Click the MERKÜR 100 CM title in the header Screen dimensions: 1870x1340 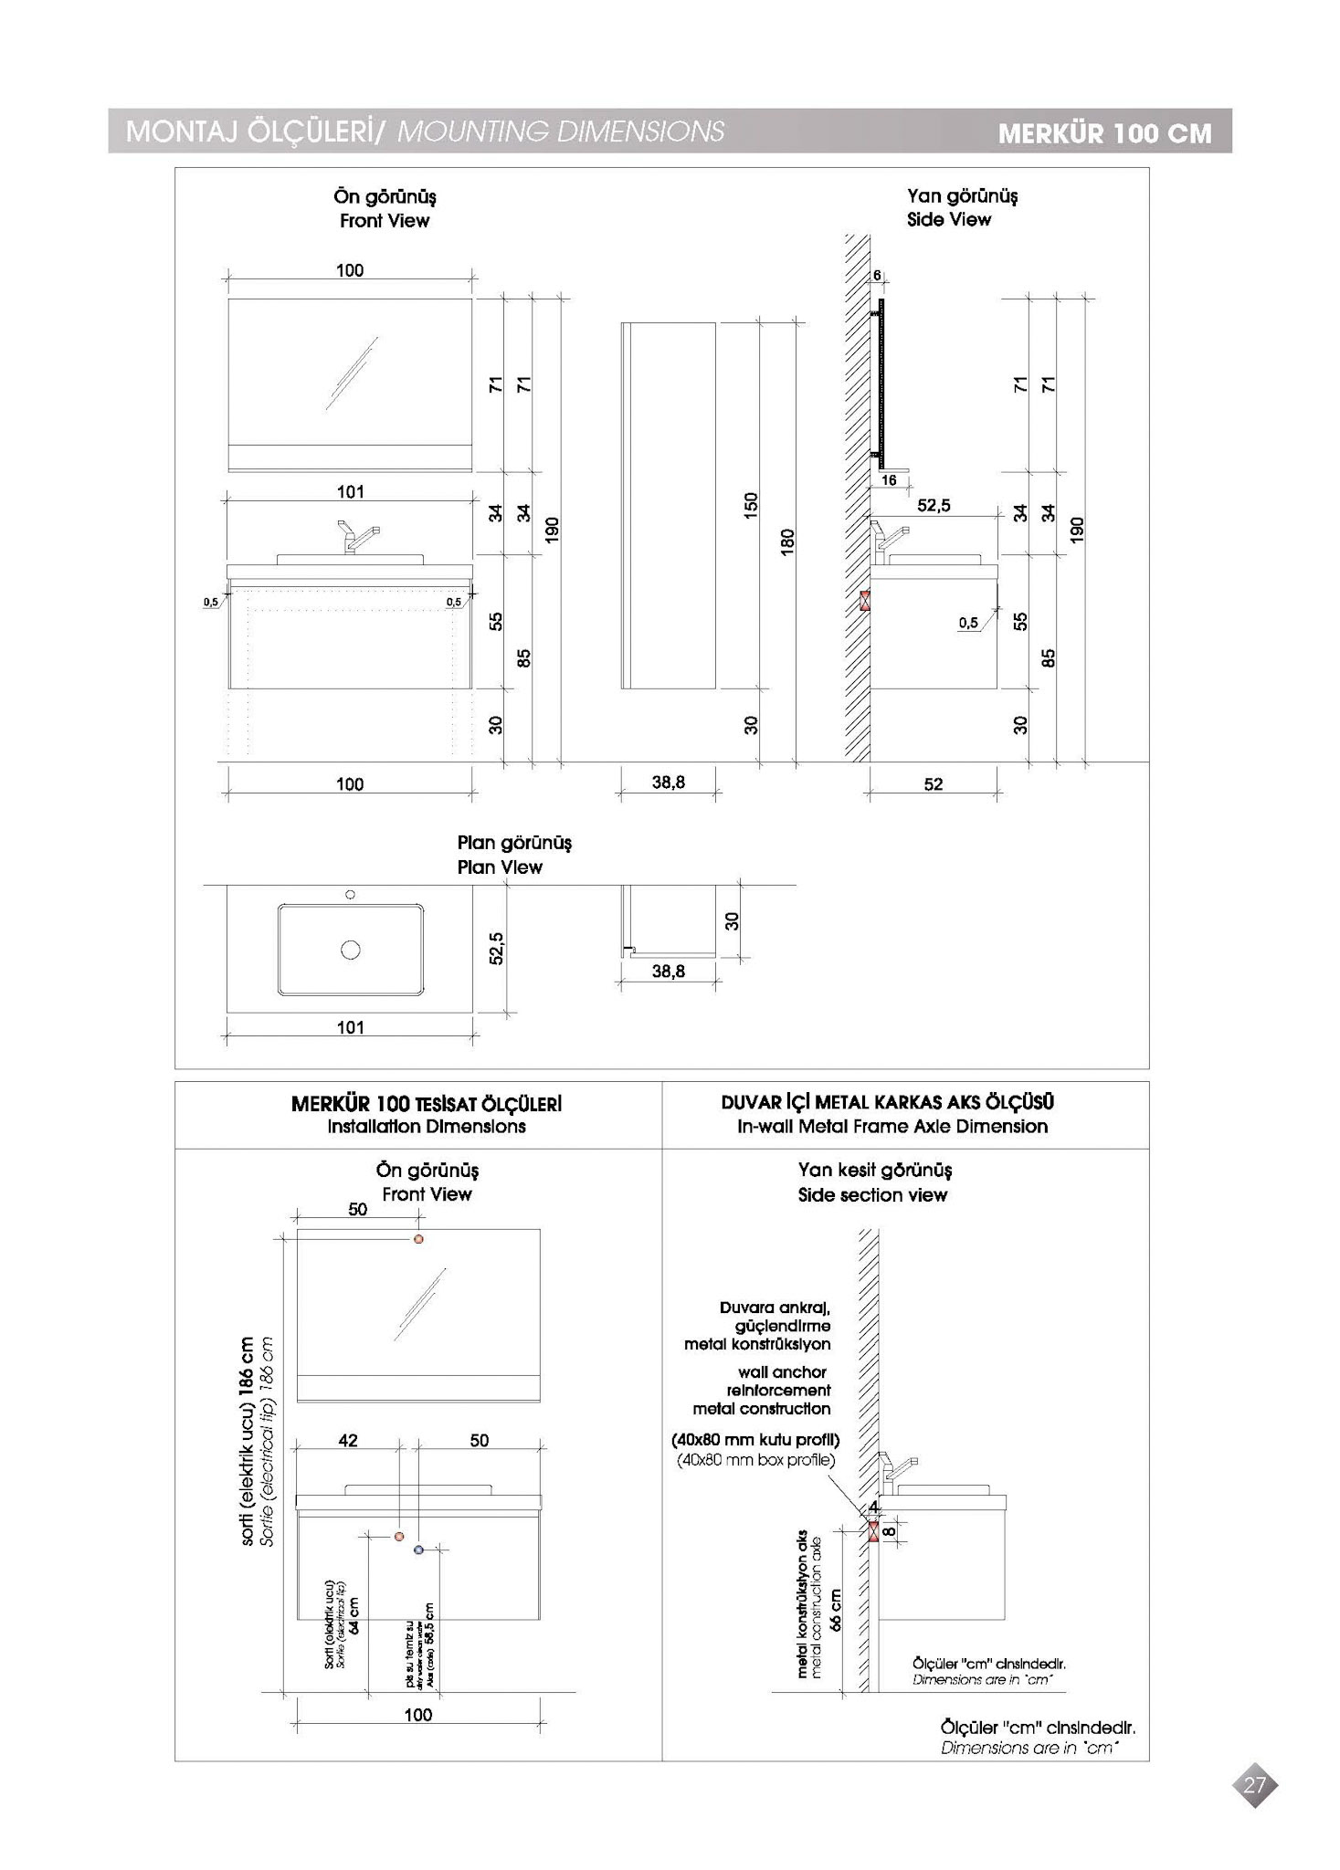coord(1104,133)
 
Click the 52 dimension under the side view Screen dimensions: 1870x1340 coord(933,784)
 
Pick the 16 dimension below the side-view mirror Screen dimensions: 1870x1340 coord(889,480)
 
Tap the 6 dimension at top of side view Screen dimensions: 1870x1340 coord(877,276)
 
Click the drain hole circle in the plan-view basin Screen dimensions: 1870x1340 coord(350,951)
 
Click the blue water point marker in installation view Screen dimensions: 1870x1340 coord(418,1550)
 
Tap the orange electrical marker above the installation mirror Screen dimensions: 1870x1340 coord(418,1239)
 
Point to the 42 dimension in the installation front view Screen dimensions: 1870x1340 coord(348,1441)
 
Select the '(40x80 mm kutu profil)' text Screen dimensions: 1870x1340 coord(755,1440)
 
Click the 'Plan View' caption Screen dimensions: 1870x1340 coord(500,867)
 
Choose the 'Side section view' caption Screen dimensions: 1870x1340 coord(872,1195)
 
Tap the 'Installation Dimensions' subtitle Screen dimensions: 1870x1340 coord(427,1127)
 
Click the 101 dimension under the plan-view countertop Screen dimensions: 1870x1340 coord(351,1027)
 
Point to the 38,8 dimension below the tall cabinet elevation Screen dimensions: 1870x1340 coord(669,783)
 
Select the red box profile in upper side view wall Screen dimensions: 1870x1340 coord(864,602)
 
